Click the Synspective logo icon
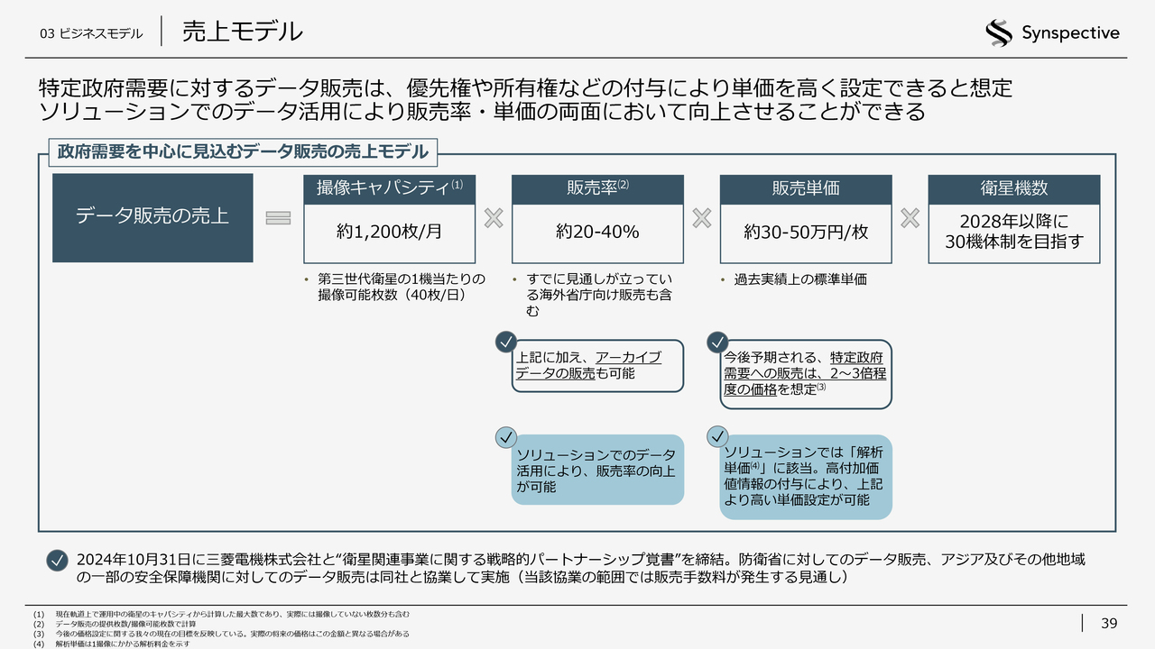pyautogui.click(x=999, y=33)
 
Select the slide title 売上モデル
pyautogui.click(x=242, y=32)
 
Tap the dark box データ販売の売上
pyautogui.click(x=152, y=216)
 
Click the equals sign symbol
pyautogui.click(x=278, y=218)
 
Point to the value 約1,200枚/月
pyautogui.click(x=390, y=232)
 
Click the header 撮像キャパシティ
pyautogui.click(x=383, y=188)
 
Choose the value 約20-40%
pyautogui.click(x=597, y=232)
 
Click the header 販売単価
pyautogui.click(x=805, y=188)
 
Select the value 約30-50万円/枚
pyautogui.click(x=806, y=232)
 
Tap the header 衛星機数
pyautogui.click(x=1013, y=188)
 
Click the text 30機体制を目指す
pyautogui.click(x=1013, y=242)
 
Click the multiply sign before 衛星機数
pyautogui.click(x=910, y=218)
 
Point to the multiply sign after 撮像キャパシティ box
pyautogui.click(x=493, y=218)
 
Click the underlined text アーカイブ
pyautogui.click(x=628, y=357)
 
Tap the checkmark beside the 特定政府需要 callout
pyautogui.click(x=717, y=343)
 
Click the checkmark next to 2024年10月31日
pyautogui.click(x=57, y=560)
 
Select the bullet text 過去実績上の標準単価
pyautogui.click(x=799, y=279)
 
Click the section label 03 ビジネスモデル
pyautogui.click(x=90, y=33)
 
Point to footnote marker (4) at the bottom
pyautogui.click(x=37, y=644)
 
